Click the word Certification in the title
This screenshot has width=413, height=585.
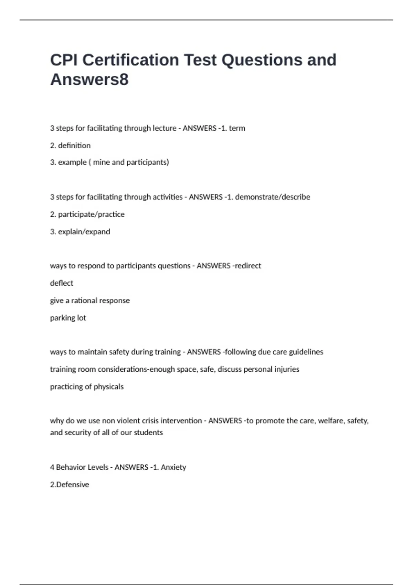coord(130,60)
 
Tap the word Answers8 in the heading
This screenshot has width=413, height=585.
coord(89,79)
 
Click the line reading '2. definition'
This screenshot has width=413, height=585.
coord(70,146)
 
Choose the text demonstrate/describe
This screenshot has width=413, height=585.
coord(273,197)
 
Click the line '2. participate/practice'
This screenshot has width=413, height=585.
coord(87,214)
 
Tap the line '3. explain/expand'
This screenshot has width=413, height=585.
coord(80,232)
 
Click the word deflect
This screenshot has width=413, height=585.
coord(62,283)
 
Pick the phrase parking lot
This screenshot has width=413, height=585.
coord(68,318)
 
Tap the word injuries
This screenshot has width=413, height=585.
coord(287,370)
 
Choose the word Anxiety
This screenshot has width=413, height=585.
coord(173,467)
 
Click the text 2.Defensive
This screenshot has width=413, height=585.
coord(70,485)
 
